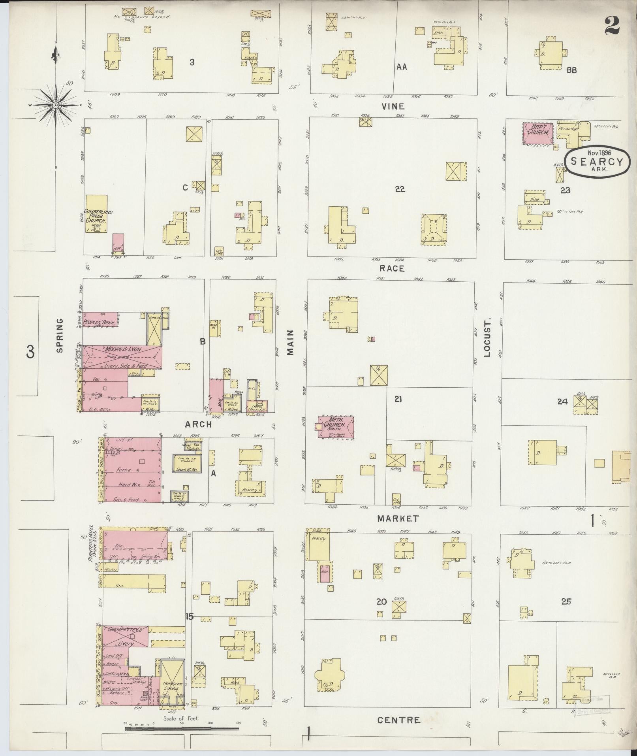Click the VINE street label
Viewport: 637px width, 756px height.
393,106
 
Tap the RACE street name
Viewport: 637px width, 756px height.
392,268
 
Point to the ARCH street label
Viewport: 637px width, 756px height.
198,424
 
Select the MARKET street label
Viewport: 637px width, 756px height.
398,518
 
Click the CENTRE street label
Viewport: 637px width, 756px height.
398,720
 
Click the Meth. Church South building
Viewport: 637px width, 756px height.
336,427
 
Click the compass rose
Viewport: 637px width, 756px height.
56,105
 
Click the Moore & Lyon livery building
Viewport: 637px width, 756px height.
122,357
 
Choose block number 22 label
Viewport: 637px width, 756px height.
400,189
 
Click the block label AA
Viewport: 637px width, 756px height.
402,67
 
